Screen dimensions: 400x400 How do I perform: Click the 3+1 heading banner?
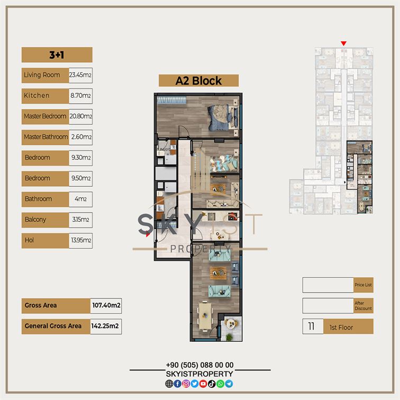(57, 55)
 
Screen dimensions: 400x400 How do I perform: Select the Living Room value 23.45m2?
(80, 75)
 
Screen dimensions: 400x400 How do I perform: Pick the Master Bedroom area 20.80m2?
(80, 116)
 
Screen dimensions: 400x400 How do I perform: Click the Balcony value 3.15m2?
(80, 220)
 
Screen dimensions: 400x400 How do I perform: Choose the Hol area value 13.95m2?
(80, 240)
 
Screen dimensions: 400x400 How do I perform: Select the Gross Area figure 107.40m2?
(106, 306)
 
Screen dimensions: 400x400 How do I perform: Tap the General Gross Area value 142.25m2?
(106, 326)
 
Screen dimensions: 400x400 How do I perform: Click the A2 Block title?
(198, 81)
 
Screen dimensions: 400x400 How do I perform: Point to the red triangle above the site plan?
(343, 43)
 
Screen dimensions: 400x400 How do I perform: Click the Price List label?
(363, 285)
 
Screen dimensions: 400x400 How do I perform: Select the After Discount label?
(363, 306)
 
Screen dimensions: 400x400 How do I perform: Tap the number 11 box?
(313, 326)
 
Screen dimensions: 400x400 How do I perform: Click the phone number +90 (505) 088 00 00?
(200, 365)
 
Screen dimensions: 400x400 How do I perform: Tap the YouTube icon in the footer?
(203, 384)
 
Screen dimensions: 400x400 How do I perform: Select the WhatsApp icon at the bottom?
(220, 384)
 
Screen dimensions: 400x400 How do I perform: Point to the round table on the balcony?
(231, 324)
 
